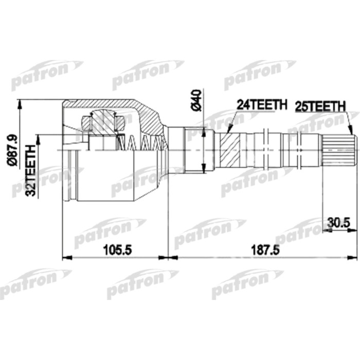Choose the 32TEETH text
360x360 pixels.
click(x=31, y=170)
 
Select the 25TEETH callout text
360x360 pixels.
click(x=319, y=106)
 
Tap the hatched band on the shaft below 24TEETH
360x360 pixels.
click(x=230, y=150)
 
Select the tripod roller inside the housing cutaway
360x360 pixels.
click(x=103, y=124)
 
